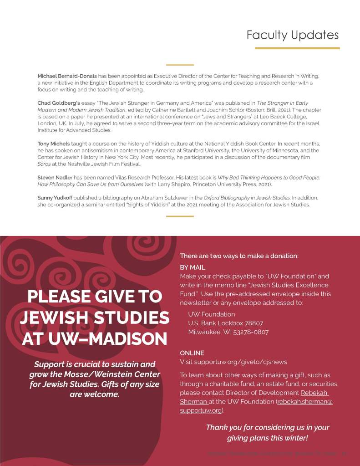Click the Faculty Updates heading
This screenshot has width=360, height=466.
tap(292, 35)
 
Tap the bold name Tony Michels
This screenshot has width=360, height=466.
tap(53, 143)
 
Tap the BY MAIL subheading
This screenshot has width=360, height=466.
tap(193, 267)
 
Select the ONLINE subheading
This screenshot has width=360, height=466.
tap(192, 353)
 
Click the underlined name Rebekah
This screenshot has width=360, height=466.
tap(314, 393)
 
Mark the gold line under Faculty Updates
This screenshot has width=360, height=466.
tap(297, 48)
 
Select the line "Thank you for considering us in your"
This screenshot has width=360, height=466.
tap(267, 427)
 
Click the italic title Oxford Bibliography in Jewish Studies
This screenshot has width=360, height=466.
tap(246, 198)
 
